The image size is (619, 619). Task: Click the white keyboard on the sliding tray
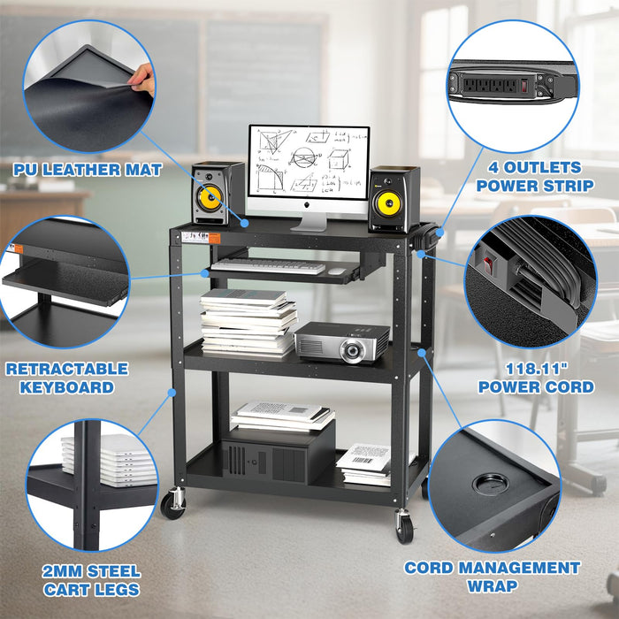[268, 265]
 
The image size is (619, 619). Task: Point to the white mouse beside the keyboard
[337, 271]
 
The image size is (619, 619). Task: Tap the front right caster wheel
[405, 530]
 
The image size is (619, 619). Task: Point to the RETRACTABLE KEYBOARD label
[66, 378]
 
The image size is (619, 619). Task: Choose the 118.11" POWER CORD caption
[536, 378]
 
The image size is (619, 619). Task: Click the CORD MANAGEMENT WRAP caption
[493, 577]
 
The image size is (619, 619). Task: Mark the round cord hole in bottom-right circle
[485, 483]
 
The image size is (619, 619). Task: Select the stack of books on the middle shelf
[247, 322]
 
